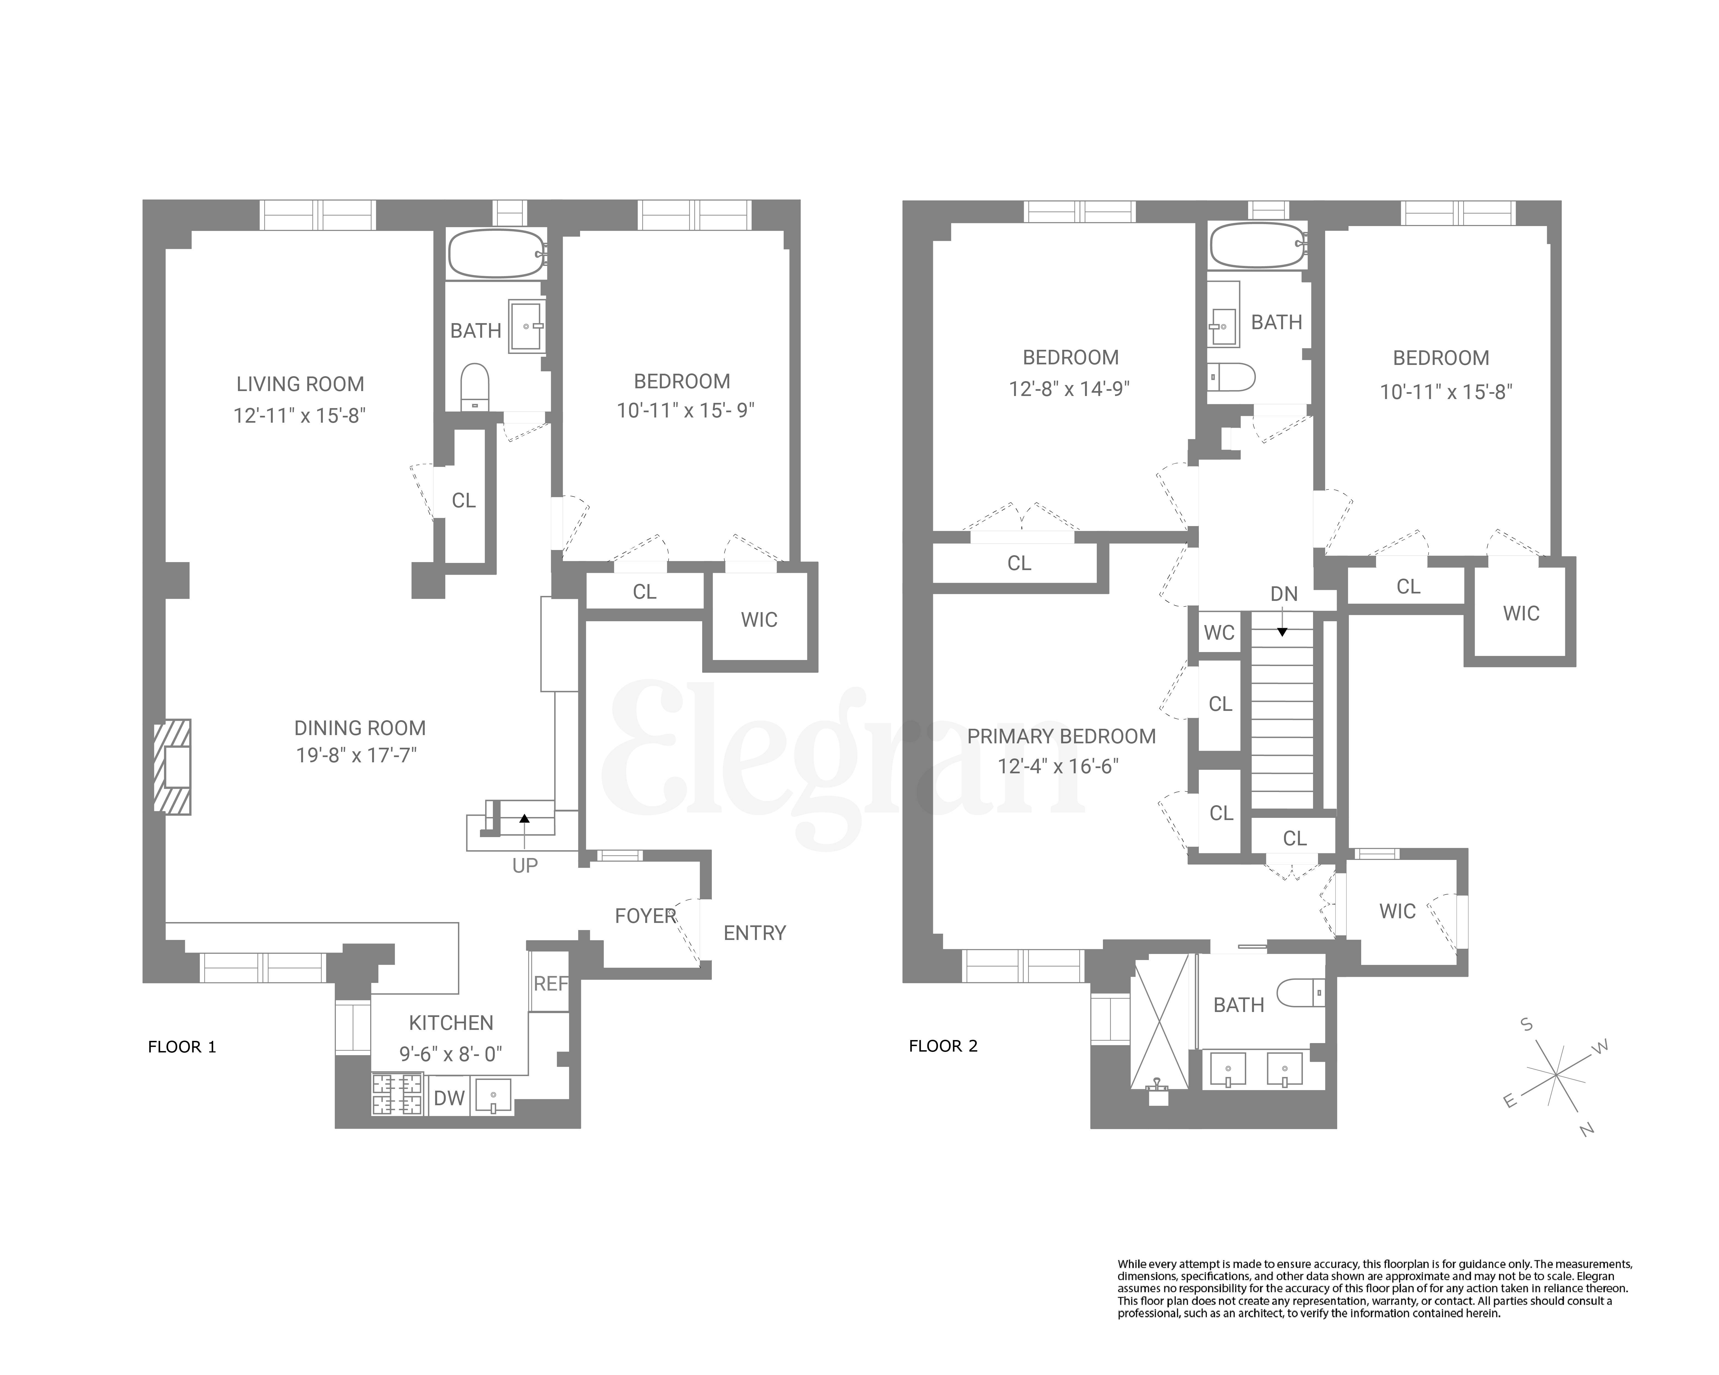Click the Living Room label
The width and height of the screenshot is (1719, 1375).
click(x=300, y=384)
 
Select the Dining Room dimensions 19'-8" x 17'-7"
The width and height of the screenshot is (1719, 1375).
click(x=356, y=755)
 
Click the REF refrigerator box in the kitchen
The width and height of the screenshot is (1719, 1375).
click(x=550, y=984)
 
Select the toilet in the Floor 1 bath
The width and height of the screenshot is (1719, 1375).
click(x=475, y=386)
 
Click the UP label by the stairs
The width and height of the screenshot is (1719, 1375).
click(x=525, y=866)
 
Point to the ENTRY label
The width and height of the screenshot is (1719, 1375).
click(x=754, y=933)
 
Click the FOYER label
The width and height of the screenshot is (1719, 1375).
click(x=645, y=916)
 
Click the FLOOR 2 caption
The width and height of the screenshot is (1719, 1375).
click(x=943, y=1046)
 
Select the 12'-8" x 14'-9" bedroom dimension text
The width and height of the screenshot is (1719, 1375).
click(x=1069, y=389)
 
